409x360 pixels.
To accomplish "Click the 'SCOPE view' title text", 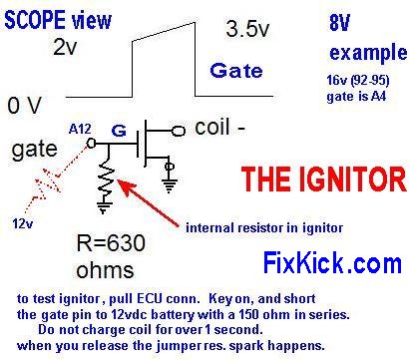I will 58,19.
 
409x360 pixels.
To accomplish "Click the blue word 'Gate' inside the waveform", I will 236,71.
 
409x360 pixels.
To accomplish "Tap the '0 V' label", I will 24,104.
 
